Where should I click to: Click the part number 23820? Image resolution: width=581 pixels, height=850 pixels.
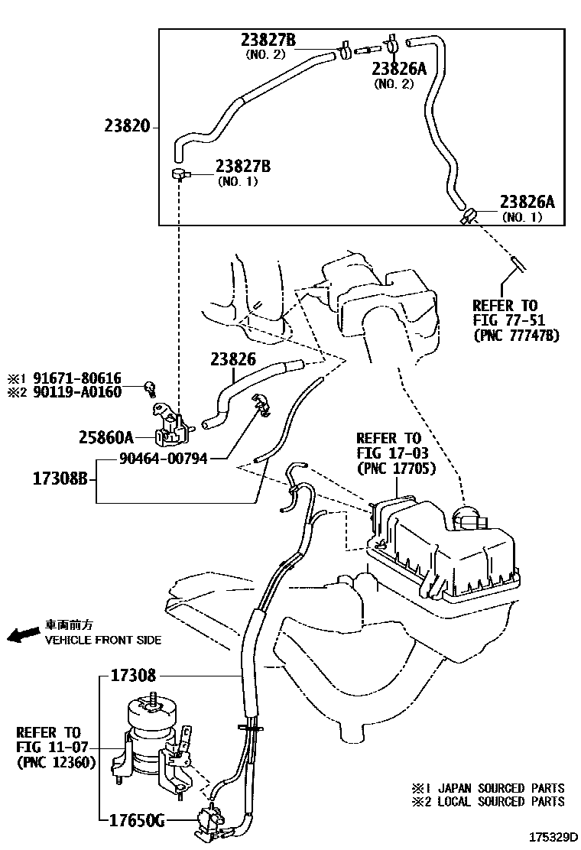[x=127, y=127]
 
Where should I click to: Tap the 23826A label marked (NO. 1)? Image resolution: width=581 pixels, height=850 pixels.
[x=527, y=203]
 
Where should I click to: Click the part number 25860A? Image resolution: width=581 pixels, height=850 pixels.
[x=105, y=437]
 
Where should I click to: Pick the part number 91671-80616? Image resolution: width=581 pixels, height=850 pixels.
[x=83, y=378]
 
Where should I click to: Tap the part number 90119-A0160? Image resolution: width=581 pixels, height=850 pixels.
[x=83, y=391]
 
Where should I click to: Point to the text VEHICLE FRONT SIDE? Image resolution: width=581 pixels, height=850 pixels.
[x=103, y=640]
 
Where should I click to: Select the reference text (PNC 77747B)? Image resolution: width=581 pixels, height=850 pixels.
[x=516, y=334]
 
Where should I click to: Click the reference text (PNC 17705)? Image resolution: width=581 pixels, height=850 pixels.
[x=396, y=467]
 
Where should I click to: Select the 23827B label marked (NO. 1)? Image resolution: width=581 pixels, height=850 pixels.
[x=246, y=166]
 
